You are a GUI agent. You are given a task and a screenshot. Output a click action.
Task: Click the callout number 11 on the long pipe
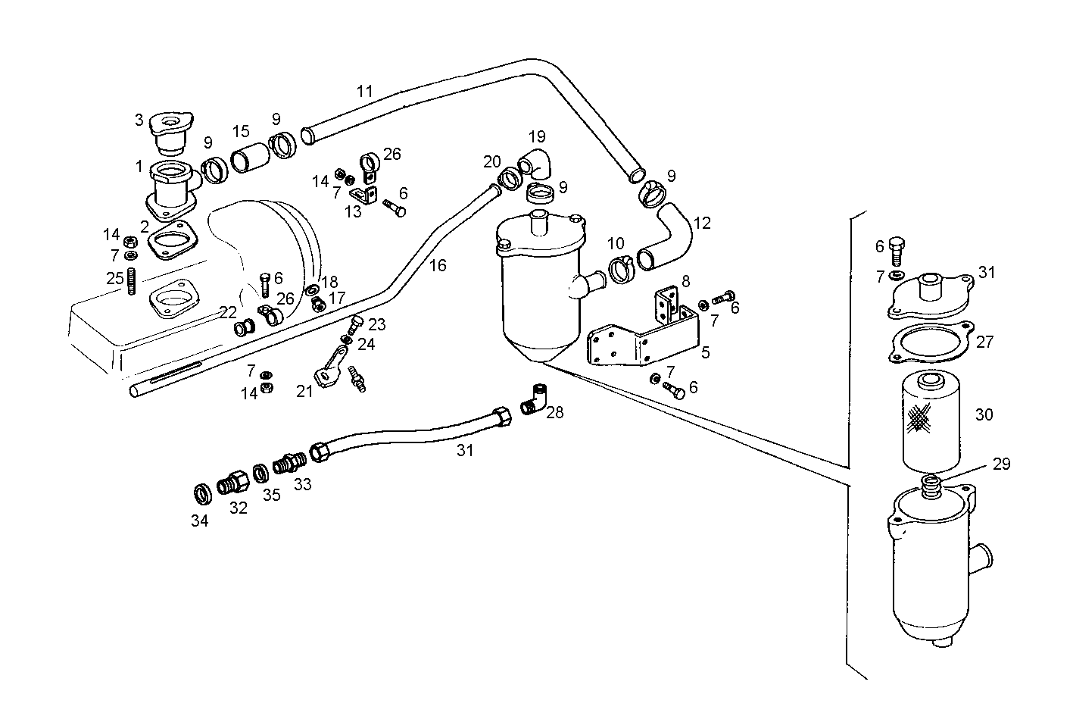click(365, 92)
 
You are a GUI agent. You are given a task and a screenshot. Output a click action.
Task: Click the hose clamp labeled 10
click(621, 268)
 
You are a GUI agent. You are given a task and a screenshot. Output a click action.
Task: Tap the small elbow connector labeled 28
click(536, 399)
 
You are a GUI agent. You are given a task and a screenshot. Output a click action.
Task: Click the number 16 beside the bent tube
click(438, 265)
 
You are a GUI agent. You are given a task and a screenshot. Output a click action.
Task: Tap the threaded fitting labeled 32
click(232, 483)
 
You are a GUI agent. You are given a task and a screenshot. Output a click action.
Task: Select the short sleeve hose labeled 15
click(251, 159)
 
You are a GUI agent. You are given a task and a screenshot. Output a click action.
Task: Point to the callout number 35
click(271, 495)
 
